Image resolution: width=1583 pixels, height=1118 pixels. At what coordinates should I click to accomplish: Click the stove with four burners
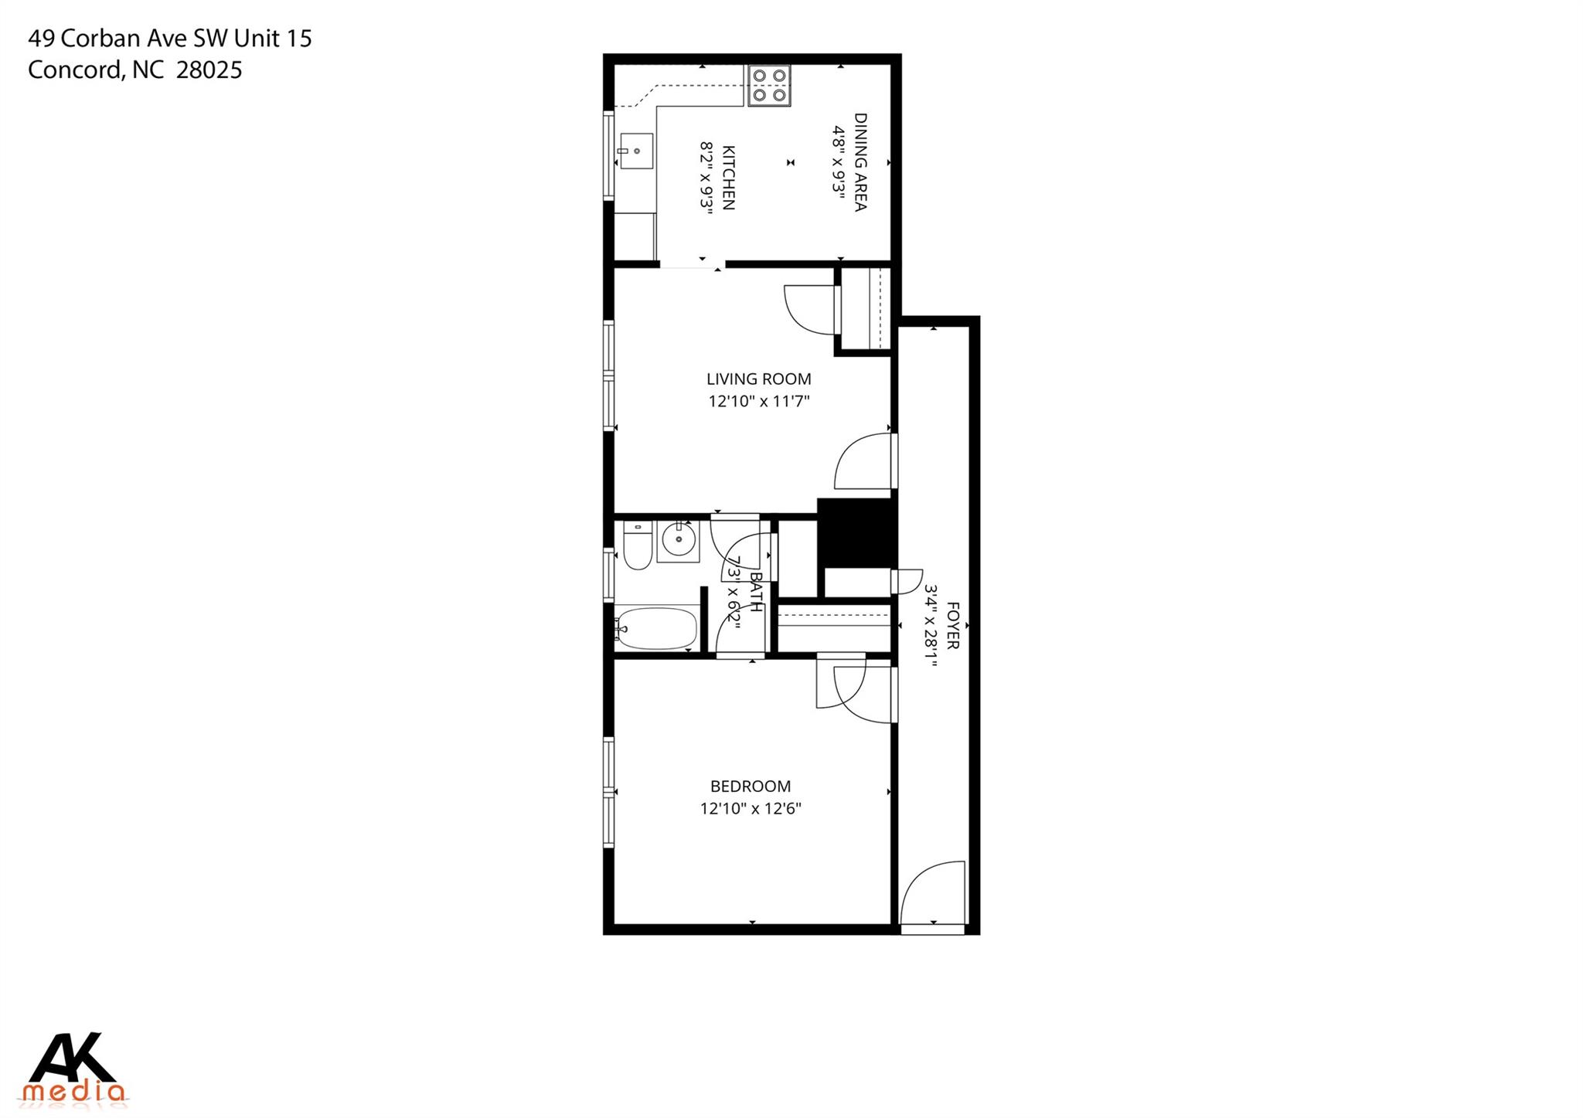769,85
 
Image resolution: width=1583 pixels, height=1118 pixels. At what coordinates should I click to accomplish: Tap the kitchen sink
636,151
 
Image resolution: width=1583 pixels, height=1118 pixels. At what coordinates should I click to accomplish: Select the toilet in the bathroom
638,547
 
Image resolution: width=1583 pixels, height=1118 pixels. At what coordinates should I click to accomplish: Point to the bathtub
657,628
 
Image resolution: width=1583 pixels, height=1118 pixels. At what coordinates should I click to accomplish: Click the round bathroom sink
679,539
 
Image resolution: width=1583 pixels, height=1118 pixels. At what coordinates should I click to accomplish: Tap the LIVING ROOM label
758,379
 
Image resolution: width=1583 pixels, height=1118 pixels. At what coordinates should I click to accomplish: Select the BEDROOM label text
751,787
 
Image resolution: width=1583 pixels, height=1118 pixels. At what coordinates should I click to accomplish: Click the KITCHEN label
728,177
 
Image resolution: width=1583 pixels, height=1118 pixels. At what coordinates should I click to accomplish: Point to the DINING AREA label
860,161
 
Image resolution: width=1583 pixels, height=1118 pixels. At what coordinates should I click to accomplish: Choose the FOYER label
952,625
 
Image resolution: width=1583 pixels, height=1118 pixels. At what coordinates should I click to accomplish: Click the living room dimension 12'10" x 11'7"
758,401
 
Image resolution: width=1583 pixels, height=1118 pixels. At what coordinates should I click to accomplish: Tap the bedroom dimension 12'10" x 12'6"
751,809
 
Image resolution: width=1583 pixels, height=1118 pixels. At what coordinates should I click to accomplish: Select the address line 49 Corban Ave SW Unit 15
170,39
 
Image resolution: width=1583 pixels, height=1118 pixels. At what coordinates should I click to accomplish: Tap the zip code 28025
209,70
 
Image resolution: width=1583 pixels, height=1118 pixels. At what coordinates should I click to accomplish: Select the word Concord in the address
75,70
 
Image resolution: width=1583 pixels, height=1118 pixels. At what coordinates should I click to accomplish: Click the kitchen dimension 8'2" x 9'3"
706,177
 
